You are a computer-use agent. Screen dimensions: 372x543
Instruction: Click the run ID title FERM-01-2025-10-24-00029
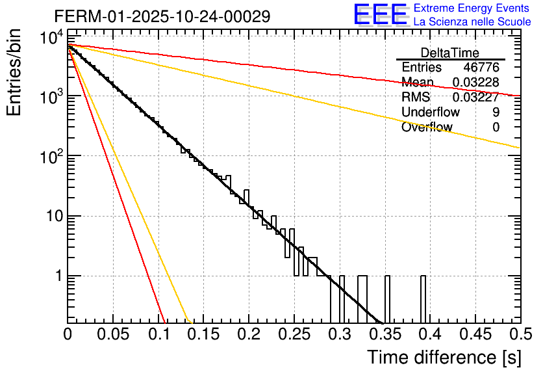[x=162, y=16]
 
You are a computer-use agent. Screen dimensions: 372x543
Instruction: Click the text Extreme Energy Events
[x=472, y=8]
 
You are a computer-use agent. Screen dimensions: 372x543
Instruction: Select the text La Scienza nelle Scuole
[x=472, y=22]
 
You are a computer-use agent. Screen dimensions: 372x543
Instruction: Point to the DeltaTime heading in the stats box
[x=450, y=53]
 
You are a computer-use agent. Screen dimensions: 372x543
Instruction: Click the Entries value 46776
[x=481, y=68]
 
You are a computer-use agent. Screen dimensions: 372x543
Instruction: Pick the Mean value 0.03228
[x=475, y=83]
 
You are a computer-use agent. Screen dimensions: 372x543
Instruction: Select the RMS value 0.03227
[x=475, y=98]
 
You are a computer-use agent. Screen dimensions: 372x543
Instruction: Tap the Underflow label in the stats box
[x=431, y=113]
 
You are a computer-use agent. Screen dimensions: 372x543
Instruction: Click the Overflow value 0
[x=496, y=127]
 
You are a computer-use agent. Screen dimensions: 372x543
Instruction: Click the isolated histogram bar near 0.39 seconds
[x=423, y=299]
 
